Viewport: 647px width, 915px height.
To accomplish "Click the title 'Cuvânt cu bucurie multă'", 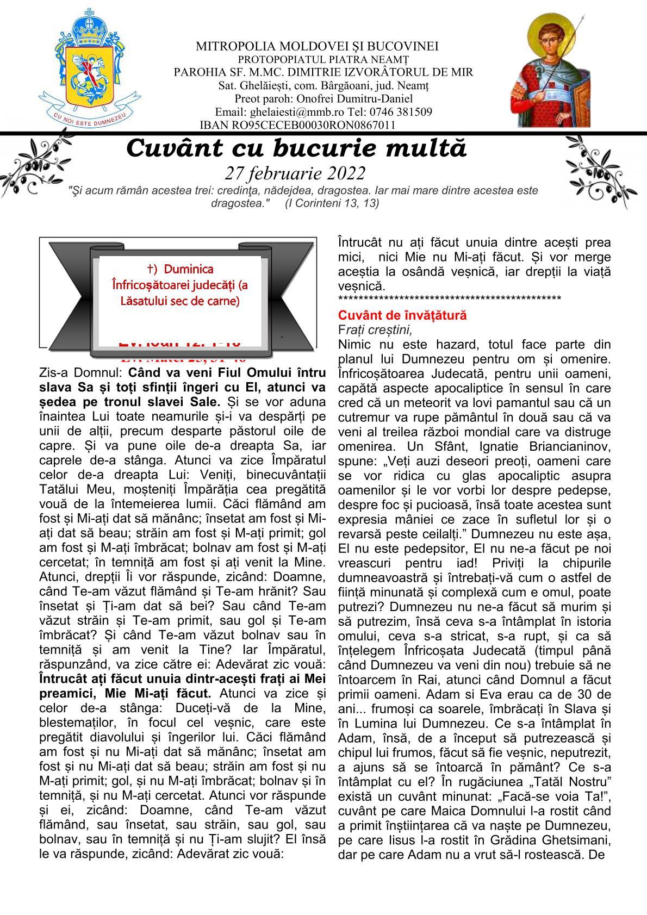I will [297, 148].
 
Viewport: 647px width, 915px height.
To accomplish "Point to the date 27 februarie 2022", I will [295, 173].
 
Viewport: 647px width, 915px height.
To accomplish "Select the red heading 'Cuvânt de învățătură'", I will [402, 315].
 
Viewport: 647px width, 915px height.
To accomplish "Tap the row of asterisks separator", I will [449, 299].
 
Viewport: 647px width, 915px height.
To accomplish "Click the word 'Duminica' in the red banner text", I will [188, 269].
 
